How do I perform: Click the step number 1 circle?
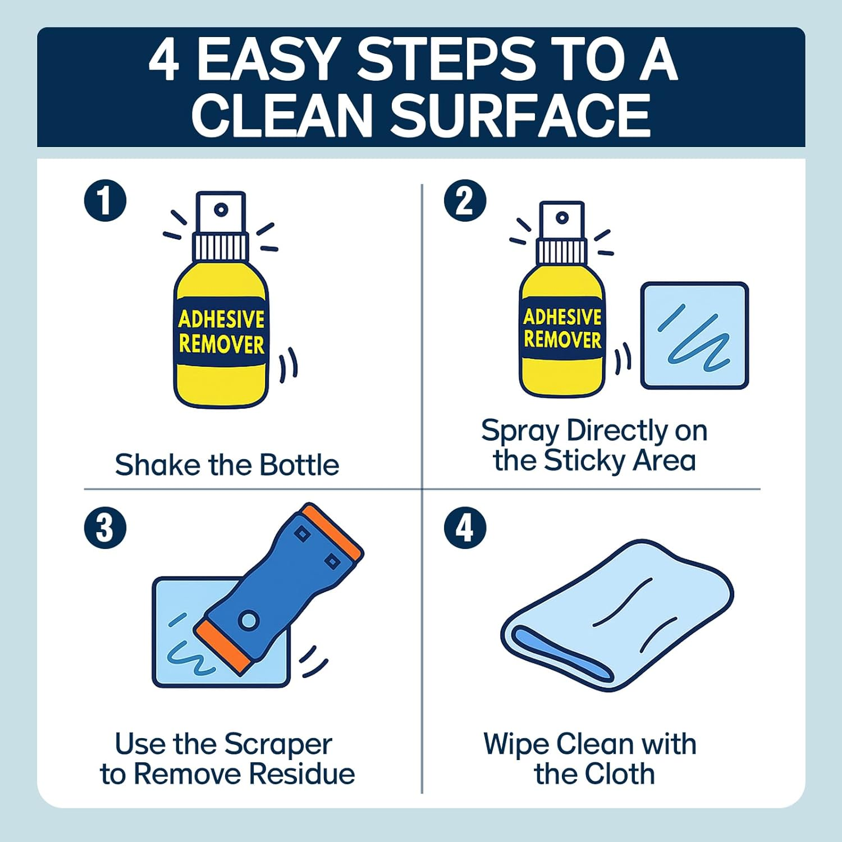click(x=105, y=200)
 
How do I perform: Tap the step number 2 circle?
click(x=465, y=200)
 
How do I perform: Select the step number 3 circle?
click(x=105, y=528)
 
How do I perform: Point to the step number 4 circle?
click(x=465, y=528)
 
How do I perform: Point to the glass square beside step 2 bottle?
click(x=694, y=336)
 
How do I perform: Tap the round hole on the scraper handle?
click(x=248, y=620)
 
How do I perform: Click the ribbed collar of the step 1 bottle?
click(x=221, y=247)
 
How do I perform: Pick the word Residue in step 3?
click(x=301, y=774)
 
